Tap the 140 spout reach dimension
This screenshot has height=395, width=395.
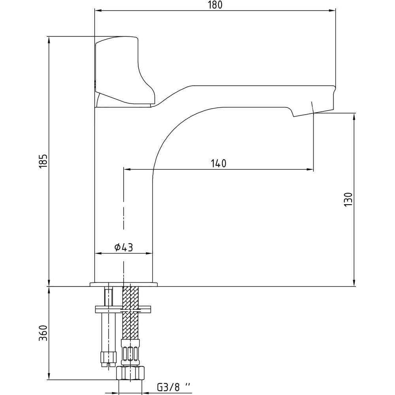coord(218,163)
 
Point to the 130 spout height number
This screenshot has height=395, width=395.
coord(348,200)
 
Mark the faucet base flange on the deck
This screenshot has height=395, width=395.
coord(124,284)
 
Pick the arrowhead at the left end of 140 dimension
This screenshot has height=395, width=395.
coord(126,170)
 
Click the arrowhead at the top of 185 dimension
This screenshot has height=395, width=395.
coord(49,39)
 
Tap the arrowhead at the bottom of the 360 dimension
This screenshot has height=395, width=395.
coord(49,377)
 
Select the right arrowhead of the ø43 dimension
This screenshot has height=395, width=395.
coord(150,253)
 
